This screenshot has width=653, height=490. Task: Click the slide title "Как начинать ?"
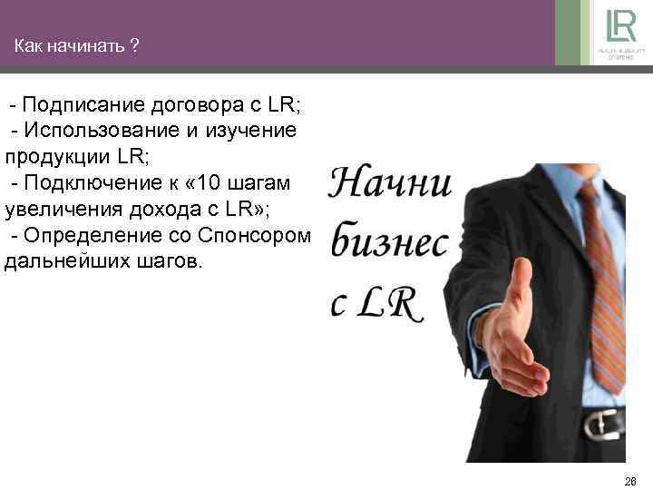[76, 45]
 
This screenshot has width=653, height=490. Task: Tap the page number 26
[631, 480]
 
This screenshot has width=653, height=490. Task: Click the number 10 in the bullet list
[207, 183]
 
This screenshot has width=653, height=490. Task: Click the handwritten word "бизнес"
[389, 243]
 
